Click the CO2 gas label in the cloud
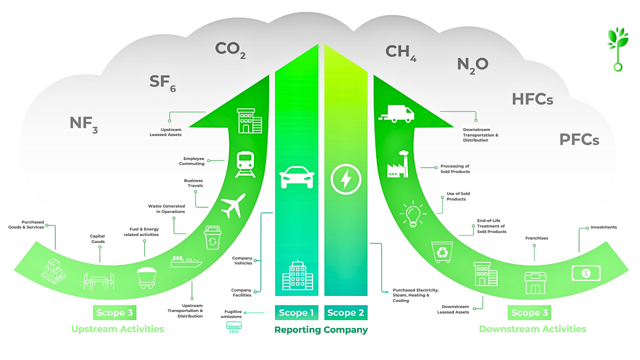[229, 49]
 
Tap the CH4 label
[400, 52]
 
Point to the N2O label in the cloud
[472, 65]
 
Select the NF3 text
[83, 123]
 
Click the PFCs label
[579, 139]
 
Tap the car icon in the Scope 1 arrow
[297, 177]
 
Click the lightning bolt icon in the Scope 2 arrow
[345, 178]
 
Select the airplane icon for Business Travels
[233, 205]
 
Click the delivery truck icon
[397, 114]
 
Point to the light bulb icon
[413, 214]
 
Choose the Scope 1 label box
[296, 313]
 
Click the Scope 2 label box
[345, 313]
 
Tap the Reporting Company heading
[320, 330]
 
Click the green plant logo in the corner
[618, 49]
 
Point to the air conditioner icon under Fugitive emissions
[234, 326]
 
